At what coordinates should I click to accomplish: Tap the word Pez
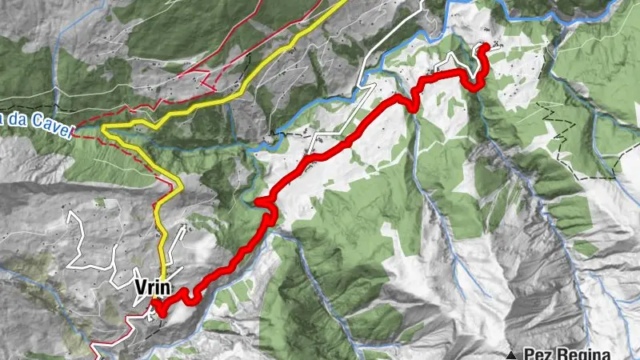pyautogui.click(x=537, y=354)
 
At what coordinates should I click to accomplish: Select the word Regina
pyautogui.click(x=583, y=354)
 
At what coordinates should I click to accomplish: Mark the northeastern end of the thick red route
pyautogui.click(x=485, y=46)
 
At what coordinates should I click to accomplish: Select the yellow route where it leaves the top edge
pyautogui.click(x=344, y=2)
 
